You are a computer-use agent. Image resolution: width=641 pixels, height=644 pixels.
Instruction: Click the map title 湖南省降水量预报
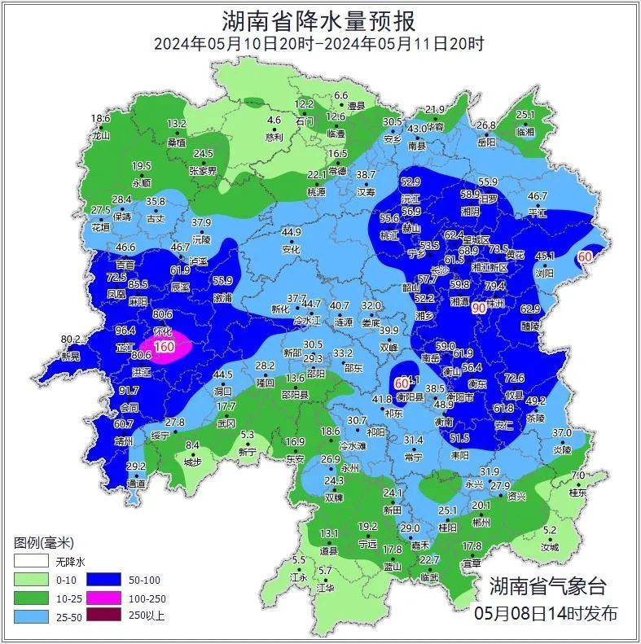click(x=319, y=20)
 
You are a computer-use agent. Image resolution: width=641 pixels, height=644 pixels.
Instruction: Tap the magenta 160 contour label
click(x=165, y=347)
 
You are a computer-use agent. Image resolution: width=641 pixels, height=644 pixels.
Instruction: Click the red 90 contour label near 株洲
click(x=479, y=308)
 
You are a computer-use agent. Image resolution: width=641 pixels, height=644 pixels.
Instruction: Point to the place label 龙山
click(x=100, y=135)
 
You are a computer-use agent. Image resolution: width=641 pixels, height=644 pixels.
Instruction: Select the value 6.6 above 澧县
click(x=340, y=96)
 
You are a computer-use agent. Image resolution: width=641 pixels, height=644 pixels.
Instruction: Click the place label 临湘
click(x=525, y=131)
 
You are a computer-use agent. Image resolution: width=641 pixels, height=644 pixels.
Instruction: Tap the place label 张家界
click(x=203, y=171)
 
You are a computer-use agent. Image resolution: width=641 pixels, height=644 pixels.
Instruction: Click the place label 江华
click(x=325, y=587)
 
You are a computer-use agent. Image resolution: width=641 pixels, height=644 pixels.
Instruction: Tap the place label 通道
click(x=136, y=484)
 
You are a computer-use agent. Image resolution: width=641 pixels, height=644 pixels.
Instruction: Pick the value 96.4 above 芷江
click(x=125, y=331)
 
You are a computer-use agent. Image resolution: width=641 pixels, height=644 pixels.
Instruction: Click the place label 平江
click(x=538, y=212)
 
